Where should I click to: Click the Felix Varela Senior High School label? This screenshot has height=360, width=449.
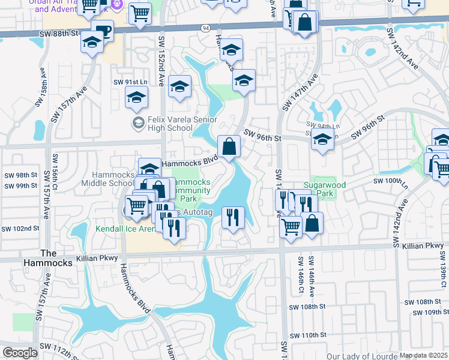tap(170, 124)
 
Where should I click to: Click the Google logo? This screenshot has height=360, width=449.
tap(20, 353)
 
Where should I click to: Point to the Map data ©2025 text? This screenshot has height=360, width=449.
tap(423, 355)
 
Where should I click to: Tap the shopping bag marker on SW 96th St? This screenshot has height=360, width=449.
tap(229, 146)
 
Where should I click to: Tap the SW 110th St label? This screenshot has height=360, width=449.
tap(307, 335)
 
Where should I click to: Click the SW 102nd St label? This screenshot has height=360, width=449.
tap(20, 228)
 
